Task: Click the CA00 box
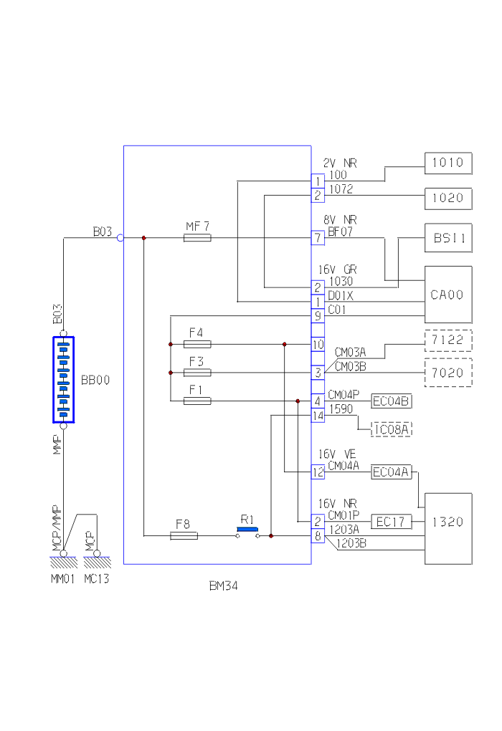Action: [448, 295]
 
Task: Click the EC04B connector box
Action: [392, 401]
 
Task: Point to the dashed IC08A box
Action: [392, 429]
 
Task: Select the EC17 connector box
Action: [392, 522]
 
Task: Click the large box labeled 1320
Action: [448, 528]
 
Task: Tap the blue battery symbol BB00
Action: [63, 380]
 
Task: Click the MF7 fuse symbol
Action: [197, 237]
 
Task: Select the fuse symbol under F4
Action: [197, 344]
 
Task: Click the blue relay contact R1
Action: [247, 530]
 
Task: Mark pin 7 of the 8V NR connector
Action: [318, 237]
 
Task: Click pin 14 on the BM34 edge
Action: [318, 415]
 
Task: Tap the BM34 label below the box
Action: [223, 586]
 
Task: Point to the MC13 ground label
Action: [97, 578]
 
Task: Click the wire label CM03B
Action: [351, 366]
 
